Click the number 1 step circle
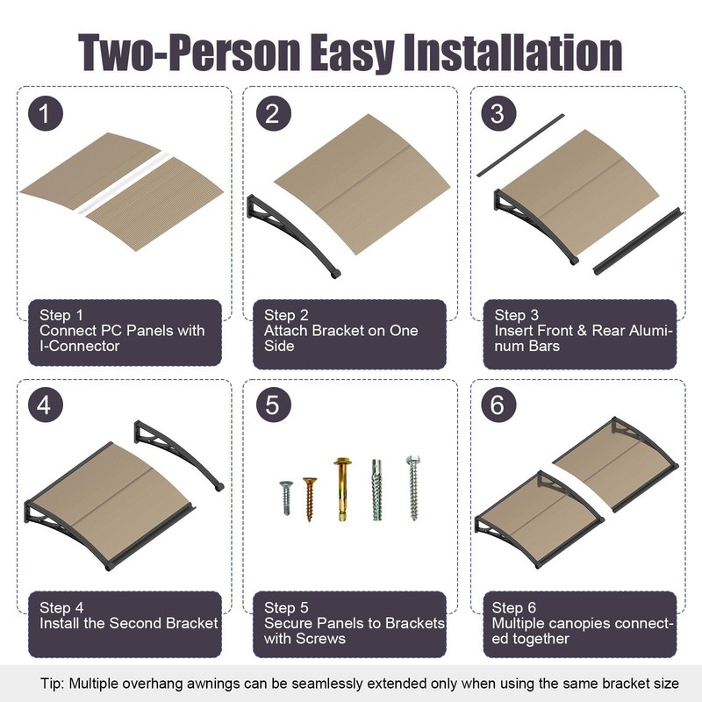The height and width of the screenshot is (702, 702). coord(46,114)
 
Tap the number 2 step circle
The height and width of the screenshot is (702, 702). coord(274,114)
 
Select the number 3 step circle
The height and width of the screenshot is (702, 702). coord(498,114)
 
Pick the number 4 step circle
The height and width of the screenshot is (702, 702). coord(46,405)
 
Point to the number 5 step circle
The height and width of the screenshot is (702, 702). coord(274,405)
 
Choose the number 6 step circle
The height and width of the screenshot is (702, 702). coord(498,405)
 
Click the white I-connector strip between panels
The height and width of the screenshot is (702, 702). coord(123,183)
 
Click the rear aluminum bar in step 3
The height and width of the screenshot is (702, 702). coord(520,145)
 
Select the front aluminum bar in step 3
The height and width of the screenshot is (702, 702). coord(638,240)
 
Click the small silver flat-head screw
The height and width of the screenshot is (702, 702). coord(286,498)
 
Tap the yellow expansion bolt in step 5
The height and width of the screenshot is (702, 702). coord(342,489)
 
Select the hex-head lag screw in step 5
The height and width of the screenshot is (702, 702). coord(413,488)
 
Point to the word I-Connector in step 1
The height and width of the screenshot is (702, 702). coord(80,346)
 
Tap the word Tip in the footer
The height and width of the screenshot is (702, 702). coord(52,684)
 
